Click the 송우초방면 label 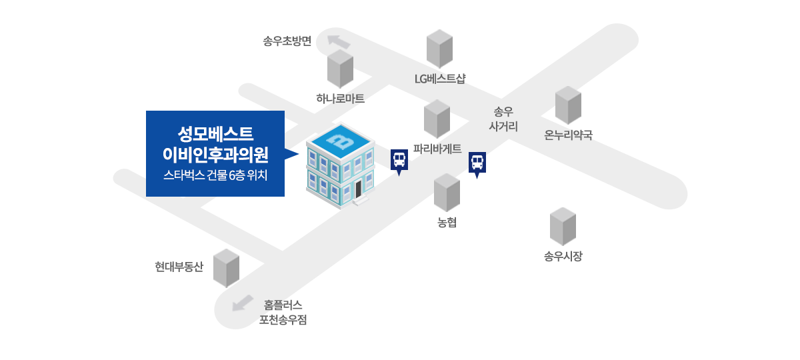coord(287,42)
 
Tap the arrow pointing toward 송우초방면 coord(339,41)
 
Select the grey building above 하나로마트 coord(340,69)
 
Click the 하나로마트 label coord(340,99)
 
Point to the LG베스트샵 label coord(439,79)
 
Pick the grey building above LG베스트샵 coord(439,49)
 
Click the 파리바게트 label coord(437,149)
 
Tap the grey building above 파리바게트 coord(437,119)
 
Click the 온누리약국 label coord(568,135)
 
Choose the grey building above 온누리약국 coord(568,105)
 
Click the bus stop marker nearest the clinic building coord(399,161)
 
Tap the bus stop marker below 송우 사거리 coord(477,163)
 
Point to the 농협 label coord(447,223)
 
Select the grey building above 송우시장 coord(563,227)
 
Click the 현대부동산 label coord(178,267)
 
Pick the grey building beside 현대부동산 coord(226,268)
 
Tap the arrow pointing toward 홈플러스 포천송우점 coord(243,303)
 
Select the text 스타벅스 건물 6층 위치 coord(215,177)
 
